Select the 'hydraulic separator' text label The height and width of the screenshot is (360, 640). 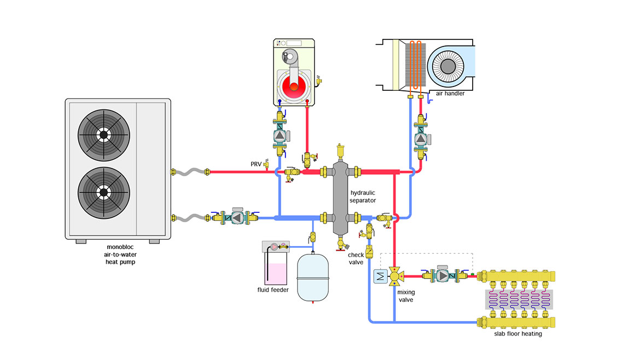click(x=363, y=197)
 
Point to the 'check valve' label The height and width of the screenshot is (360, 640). click(x=356, y=258)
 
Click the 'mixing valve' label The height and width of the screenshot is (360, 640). click(x=405, y=296)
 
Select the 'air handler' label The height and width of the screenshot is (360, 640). click(x=450, y=94)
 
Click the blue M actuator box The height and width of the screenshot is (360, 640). click(x=380, y=277)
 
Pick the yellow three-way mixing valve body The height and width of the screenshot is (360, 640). click(x=394, y=277)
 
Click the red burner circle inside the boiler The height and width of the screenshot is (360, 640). click(x=295, y=85)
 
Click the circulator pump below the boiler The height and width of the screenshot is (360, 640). click(x=280, y=136)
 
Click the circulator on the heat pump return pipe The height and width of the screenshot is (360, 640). click(x=236, y=218)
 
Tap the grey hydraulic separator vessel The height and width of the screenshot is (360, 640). click(x=343, y=197)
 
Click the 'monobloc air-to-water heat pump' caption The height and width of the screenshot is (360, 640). click(x=121, y=254)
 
